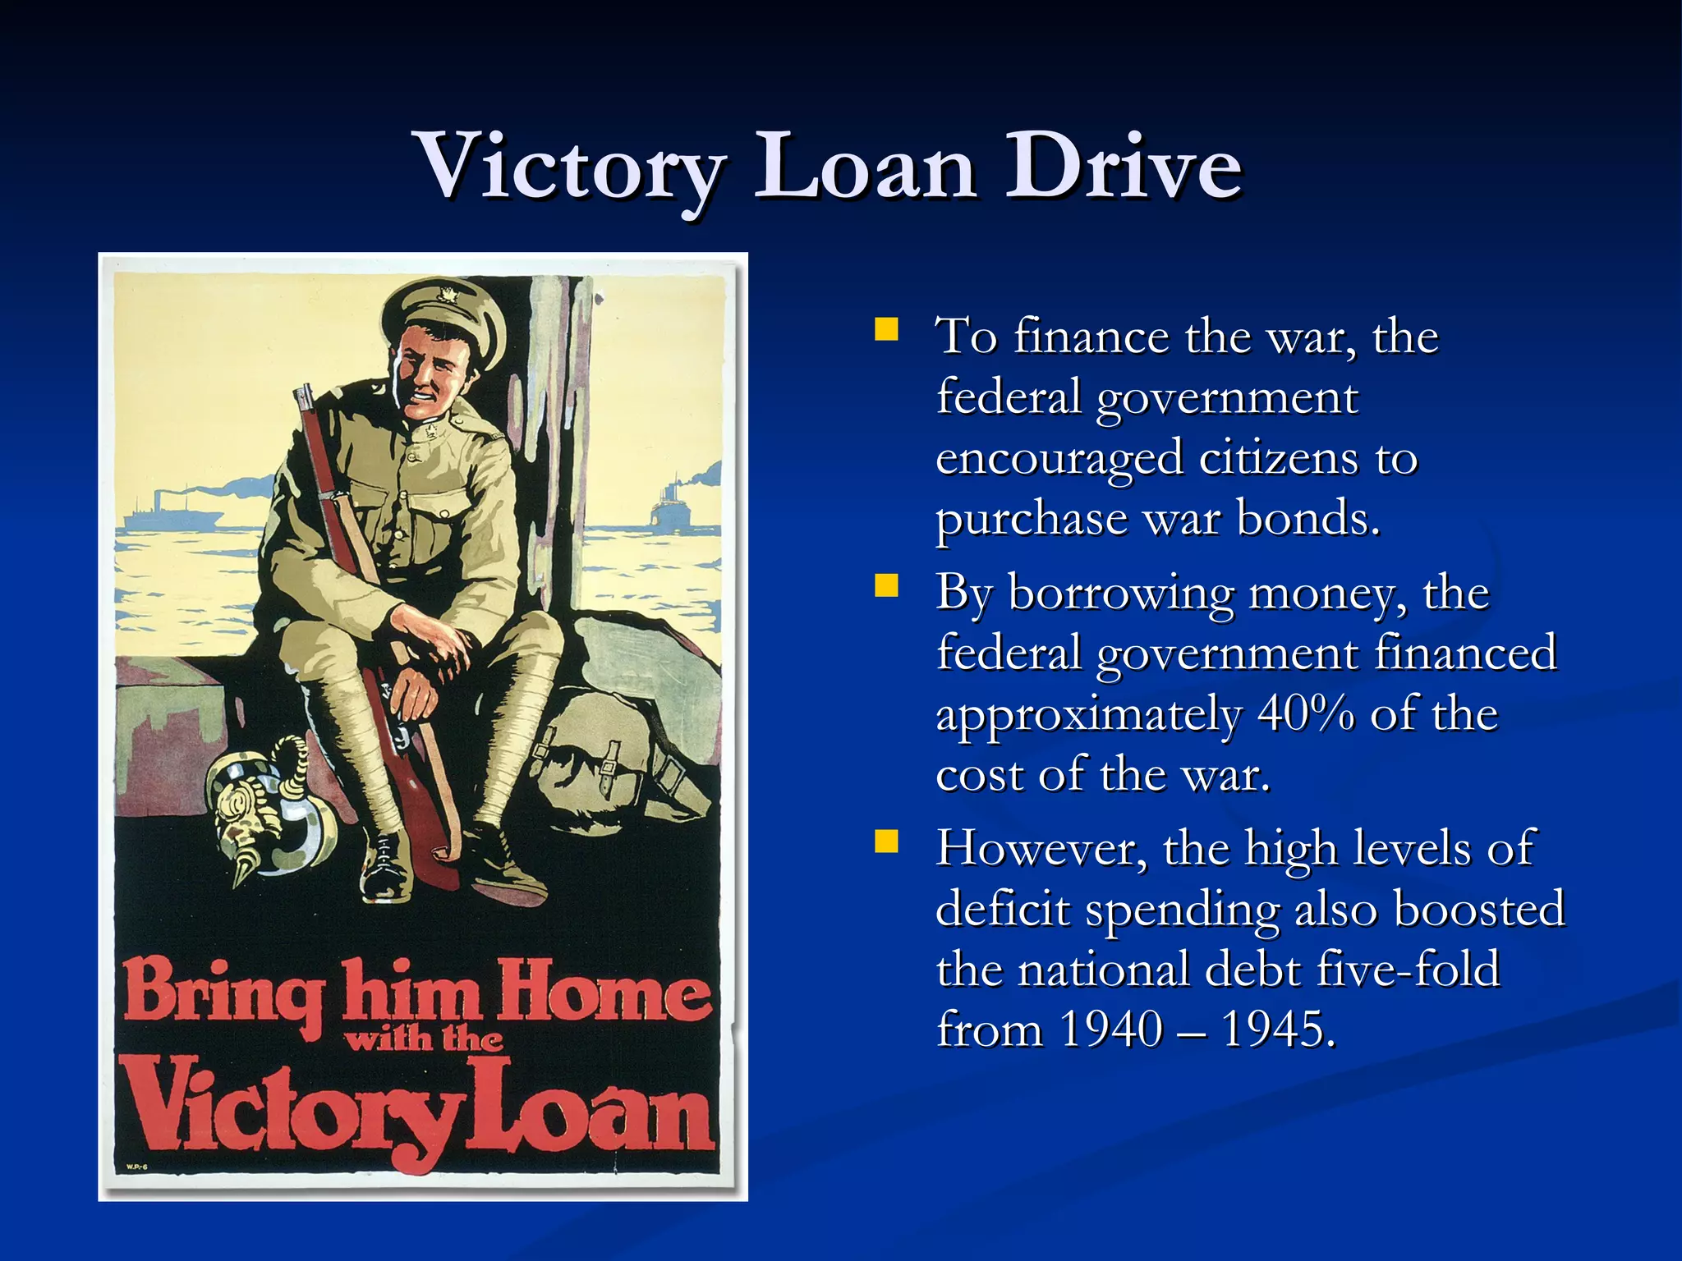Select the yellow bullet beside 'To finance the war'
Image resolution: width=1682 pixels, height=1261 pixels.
(x=886, y=330)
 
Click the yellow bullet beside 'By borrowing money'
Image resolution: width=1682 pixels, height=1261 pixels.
(x=886, y=586)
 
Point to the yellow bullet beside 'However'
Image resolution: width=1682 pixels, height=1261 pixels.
(x=886, y=841)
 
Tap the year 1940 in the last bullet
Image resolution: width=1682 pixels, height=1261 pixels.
(x=1110, y=1029)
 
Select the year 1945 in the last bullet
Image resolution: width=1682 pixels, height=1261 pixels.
(x=1278, y=1029)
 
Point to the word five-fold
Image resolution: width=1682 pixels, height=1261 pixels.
(x=1408, y=970)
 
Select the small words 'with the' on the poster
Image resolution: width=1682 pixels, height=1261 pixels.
(x=423, y=1040)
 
